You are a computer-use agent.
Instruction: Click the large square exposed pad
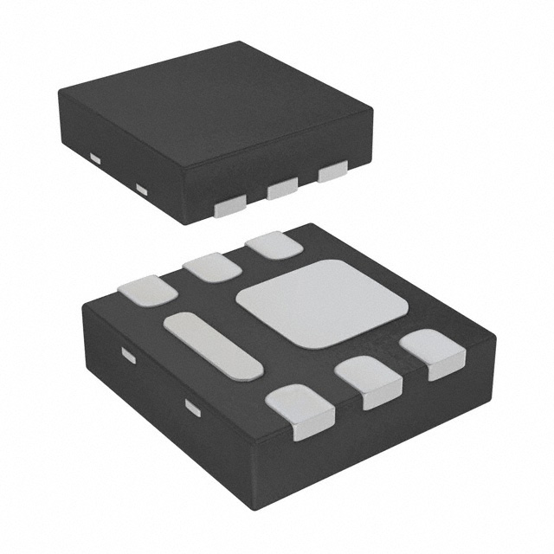(x=321, y=303)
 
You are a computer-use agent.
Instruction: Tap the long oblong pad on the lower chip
(x=212, y=345)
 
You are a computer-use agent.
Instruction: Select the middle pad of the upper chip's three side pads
(x=282, y=188)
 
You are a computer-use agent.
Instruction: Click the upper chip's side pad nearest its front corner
(x=231, y=205)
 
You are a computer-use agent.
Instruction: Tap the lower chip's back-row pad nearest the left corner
(x=148, y=290)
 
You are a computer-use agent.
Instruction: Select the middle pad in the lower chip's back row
(x=210, y=267)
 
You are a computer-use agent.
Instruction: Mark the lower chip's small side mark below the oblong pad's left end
(x=128, y=355)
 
